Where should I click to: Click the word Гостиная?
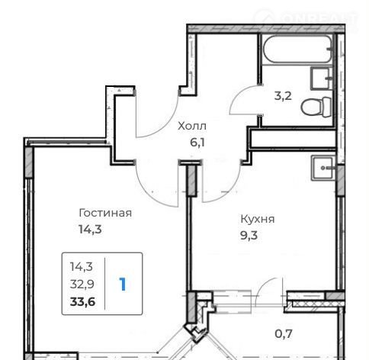105,213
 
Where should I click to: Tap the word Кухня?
258,219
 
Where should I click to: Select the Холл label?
192,126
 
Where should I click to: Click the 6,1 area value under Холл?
197,143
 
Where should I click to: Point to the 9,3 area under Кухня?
249,236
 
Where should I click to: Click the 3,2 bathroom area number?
283,96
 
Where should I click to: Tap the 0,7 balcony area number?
284,334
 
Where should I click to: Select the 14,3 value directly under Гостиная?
90,230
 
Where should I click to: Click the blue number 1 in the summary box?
123,284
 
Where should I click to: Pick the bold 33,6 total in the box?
82,302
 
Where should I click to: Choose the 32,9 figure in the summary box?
82,284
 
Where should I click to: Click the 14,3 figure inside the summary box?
82,267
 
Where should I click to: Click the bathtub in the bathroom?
297,49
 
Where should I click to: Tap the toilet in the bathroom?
316,107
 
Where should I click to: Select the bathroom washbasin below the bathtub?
322,79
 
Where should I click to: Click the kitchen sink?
322,168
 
